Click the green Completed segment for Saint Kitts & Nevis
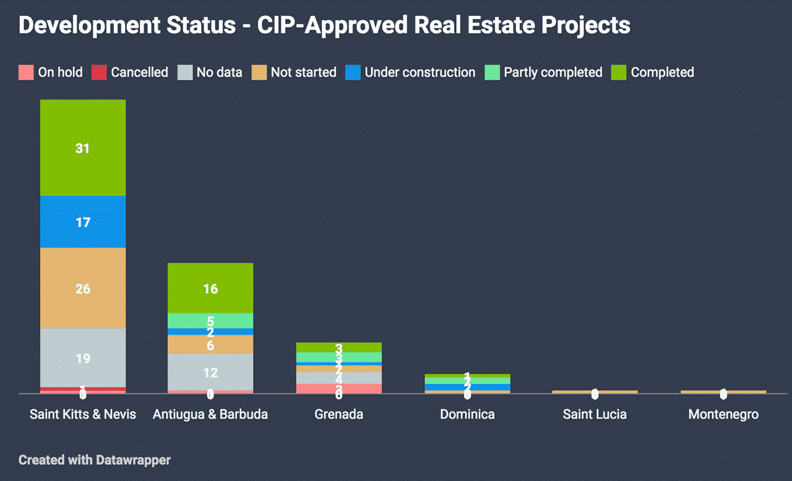(83, 148)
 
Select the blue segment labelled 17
(83, 222)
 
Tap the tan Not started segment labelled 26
(83, 288)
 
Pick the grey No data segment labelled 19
(83, 358)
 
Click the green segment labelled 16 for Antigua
(210, 288)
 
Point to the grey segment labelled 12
(210, 372)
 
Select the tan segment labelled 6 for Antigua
(210, 344)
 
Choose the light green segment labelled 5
(210, 321)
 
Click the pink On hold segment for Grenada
(338, 388)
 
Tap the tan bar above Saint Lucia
(595, 391)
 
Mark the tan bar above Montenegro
(723, 391)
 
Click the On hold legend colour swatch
(26, 72)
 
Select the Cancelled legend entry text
(139, 72)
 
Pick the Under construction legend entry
(420, 72)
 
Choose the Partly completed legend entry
(553, 72)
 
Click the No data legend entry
(219, 72)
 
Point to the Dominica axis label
(467, 414)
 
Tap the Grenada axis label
(338, 414)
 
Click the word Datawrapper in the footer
(133, 460)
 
